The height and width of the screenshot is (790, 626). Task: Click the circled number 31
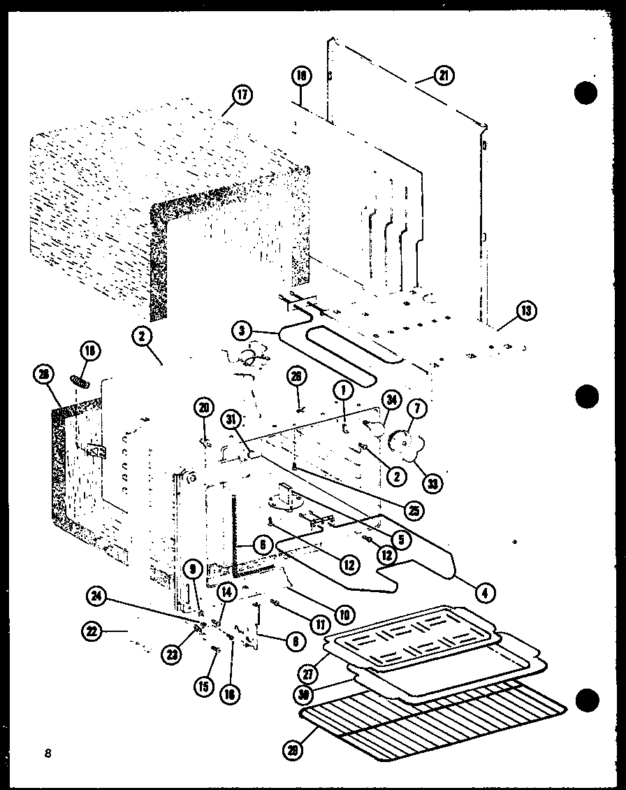pyautogui.click(x=231, y=419)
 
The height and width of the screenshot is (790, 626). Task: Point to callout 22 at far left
pyautogui.click(x=90, y=632)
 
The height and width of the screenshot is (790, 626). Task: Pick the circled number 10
pyautogui.click(x=343, y=615)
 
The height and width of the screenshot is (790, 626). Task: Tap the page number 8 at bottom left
pyautogui.click(x=47, y=753)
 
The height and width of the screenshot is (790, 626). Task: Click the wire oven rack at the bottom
pyautogui.click(x=433, y=720)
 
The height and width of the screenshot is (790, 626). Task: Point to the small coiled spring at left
pyautogui.click(x=80, y=381)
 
